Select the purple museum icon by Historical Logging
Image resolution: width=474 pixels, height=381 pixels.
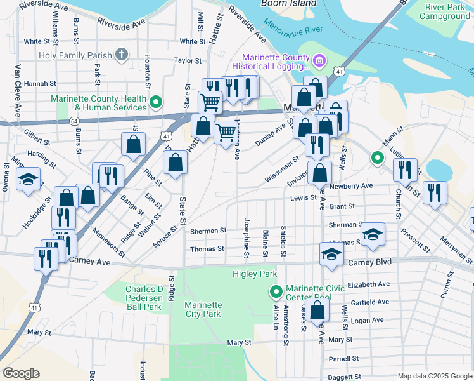319,61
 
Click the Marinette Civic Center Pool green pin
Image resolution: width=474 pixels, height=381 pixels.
276,293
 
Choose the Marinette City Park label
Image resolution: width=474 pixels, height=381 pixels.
203,309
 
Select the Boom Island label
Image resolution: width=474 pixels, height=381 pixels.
289,3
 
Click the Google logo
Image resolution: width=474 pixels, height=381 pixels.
21,373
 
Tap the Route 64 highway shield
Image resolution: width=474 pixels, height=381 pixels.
74,121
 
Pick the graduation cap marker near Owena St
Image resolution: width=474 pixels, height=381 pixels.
29,180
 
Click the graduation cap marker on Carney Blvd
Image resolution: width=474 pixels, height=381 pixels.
331,254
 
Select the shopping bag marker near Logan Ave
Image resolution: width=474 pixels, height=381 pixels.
318,311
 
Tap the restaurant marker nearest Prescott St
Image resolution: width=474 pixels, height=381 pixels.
434,193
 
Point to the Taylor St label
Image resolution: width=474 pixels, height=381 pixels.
188,61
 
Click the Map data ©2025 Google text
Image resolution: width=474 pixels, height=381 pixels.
434,376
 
